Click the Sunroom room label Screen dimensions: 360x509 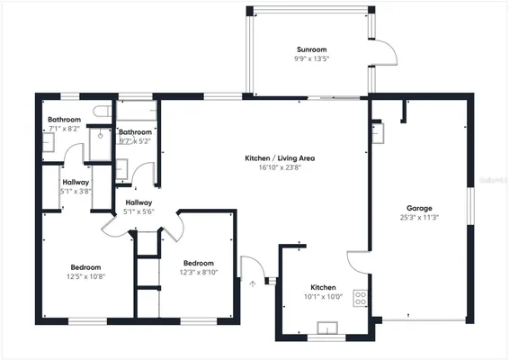coord(311,49)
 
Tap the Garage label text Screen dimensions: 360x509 coord(418,207)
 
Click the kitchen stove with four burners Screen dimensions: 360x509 coord(361,299)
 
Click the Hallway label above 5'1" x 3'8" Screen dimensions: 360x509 coord(76,182)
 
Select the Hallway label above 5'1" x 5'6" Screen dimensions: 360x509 coord(138,202)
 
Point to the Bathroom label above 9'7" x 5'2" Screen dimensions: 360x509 coord(135,132)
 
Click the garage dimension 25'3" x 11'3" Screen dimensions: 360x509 coord(418,217)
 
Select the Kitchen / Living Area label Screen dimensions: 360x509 coord(280,158)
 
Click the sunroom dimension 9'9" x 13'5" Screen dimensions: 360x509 coord(311,58)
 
